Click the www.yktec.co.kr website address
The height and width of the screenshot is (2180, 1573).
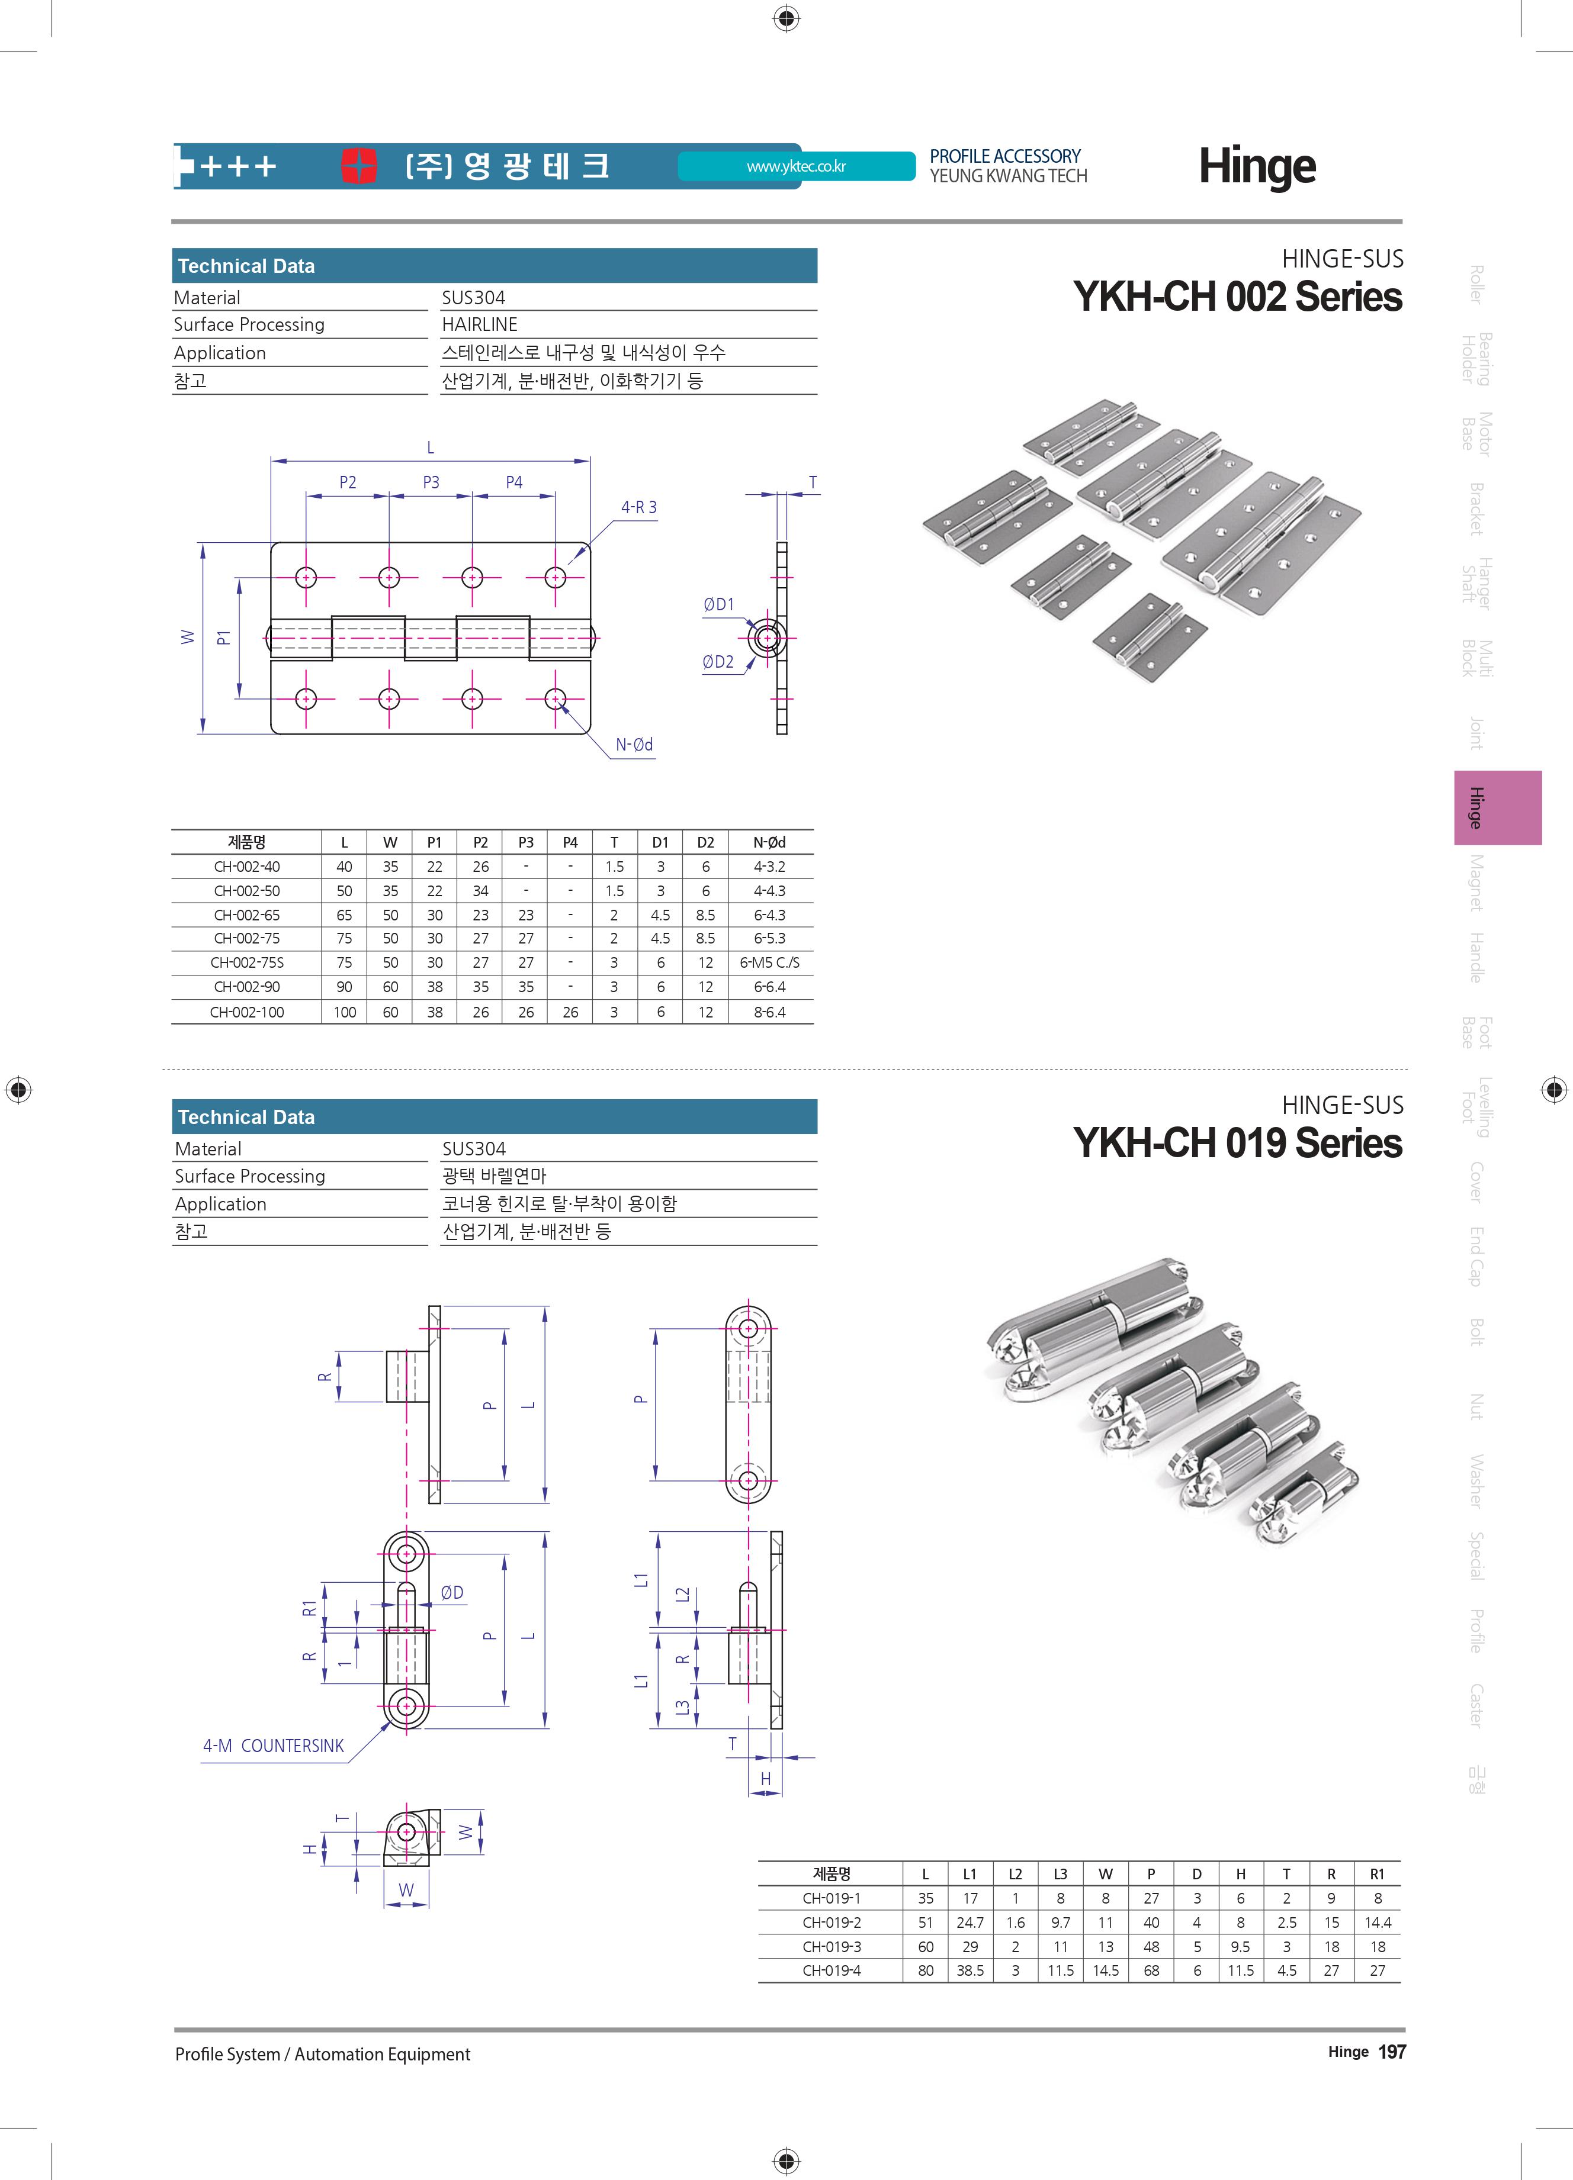pyautogui.click(x=796, y=166)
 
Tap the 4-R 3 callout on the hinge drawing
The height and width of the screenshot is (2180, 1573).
pyautogui.click(x=638, y=507)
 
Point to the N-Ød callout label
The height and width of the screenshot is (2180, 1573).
pyautogui.click(x=634, y=744)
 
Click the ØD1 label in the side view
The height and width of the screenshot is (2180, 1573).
pyautogui.click(x=718, y=604)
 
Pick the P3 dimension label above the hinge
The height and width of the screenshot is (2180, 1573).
pyautogui.click(x=431, y=482)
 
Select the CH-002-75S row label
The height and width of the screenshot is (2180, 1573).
pyautogui.click(x=247, y=962)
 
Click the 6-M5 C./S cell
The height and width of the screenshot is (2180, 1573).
pyautogui.click(x=769, y=962)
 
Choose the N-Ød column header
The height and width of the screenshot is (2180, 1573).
pyautogui.click(x=769, y=842)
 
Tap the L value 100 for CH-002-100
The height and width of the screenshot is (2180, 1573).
pyautogui.click(x=344, y=1012)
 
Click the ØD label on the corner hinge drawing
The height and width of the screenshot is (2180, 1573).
pyautogui.click(x=452, y=1593)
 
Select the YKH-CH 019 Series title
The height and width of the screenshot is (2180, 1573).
pyautogui.click(x=1237, y=1143)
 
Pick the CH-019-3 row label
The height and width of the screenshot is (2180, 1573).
pyautogui.click(x=832, y=1946)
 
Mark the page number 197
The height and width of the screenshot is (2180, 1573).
pyautogui.click(x=1391, y=2052)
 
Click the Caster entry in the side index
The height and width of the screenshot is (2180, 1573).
pyautogui.click(x=1476, y=1705)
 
